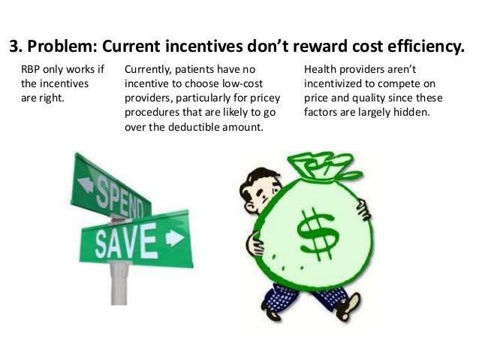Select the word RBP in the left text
coord(32,70)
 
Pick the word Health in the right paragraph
coord(322,70)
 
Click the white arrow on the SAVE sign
coord(173,238)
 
